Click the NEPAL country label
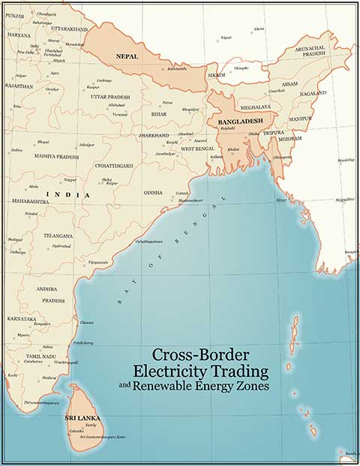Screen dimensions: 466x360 tap(126, 56)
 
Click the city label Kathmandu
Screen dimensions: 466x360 tap(177, 69)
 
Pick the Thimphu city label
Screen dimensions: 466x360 tap(241, 68)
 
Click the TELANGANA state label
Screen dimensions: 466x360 tap(58, 236)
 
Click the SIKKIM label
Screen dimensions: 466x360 tap(216, 76)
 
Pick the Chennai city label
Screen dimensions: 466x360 tap(87, 323)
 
